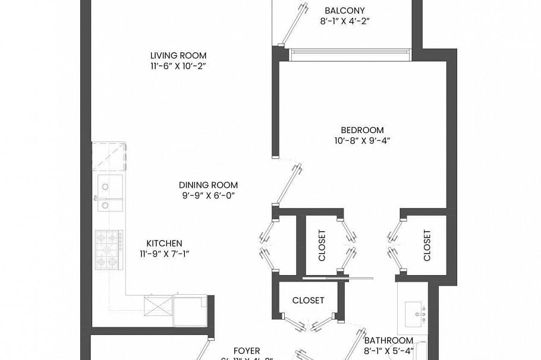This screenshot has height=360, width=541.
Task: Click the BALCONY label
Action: [x=344, y=10]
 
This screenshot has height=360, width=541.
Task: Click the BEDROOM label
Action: [x=362, y=130]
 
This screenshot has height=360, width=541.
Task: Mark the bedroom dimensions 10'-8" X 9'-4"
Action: [x=362, y=141]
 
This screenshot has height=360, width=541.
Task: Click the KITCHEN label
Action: [x=164, y=243]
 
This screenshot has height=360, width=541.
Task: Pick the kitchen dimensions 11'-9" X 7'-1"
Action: [x=164, y=254]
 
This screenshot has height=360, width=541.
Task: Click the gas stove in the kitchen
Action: [x=109, y=248]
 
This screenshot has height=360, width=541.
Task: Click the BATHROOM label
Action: [x=388, y=340]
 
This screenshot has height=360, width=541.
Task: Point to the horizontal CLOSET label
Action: [x=308, y=301]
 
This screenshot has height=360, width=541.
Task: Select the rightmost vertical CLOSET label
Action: [x=426, y=245]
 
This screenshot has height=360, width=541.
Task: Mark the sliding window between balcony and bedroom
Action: [x=350, y=54]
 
